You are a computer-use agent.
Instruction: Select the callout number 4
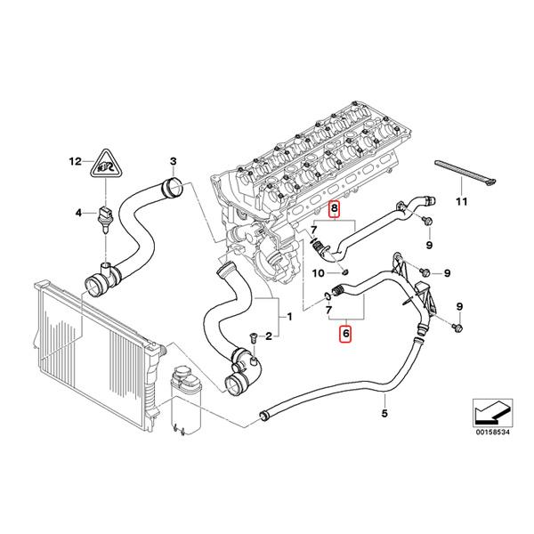point(78,213)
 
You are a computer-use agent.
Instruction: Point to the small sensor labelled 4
point(106,217)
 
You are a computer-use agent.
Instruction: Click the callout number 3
point(174,161)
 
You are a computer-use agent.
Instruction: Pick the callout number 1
point(287,315)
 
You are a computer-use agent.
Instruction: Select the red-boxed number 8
point(335,211)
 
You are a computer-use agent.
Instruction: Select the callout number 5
point(384,413)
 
